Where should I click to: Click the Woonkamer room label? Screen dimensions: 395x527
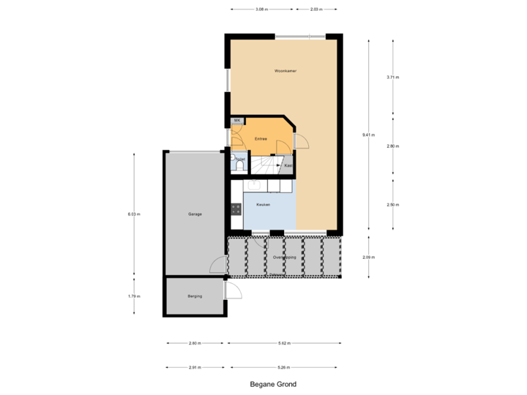pos(285,71)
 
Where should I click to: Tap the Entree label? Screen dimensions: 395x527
pos(261,138)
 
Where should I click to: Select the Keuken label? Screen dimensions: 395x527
pos(263,205)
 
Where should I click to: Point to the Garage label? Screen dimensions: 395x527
pos(195,214)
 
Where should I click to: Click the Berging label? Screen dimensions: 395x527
pos(195,296)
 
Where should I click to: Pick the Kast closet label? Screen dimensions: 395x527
pos(288,165)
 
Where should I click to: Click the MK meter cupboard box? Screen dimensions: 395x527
pos(237,120)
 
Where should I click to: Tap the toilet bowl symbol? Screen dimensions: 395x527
pos(239,166)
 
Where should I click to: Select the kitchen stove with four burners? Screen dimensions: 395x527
pos(236,208)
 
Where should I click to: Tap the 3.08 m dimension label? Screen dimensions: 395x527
pos(261,10)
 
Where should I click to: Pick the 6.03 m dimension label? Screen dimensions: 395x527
pos(134,214)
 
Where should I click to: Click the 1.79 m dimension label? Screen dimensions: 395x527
pos(134,296)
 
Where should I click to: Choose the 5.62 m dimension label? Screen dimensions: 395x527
pos(285,342)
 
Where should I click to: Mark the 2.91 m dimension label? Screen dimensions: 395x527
pos(195,366)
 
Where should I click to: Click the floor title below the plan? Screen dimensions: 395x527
pos(266,383)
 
